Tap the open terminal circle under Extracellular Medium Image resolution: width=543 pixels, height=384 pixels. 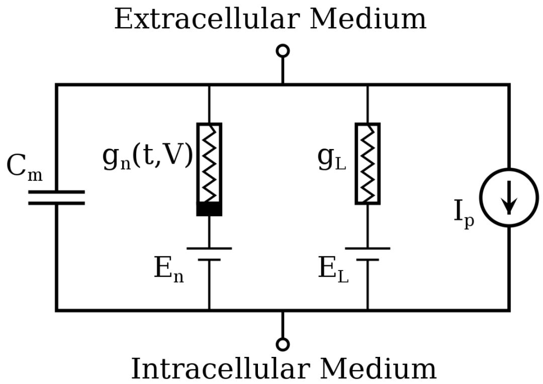(x=283, y=51)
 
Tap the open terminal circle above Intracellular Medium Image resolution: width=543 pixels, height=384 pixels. (x=283, y=344)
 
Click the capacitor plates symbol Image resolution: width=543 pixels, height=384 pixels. (x=56, y=197)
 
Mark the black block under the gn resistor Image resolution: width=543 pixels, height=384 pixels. (x=209, y=209)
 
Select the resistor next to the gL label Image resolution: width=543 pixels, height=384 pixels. (x=368, y=163)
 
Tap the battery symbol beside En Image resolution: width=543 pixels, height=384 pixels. (x=209, y=254)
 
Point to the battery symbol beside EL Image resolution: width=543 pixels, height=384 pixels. (x=368, y=254)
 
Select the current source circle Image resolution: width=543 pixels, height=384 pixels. (x=509, y=197)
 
